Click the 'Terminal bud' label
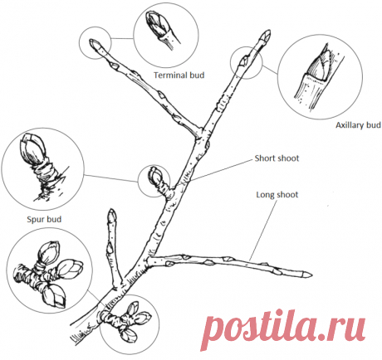179,75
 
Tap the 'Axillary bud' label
358,125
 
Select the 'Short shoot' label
277,158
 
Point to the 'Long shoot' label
277,195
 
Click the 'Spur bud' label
44,220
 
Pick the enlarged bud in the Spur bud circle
31,149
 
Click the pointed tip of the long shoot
311,275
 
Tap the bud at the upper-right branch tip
266,35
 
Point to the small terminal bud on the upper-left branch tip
94,44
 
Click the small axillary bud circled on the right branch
244,61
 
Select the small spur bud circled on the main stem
155,176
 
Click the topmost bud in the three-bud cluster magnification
50,251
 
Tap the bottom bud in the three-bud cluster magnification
54,297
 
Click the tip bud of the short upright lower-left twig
112,216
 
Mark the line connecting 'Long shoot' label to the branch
263,231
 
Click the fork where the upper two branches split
201,134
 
